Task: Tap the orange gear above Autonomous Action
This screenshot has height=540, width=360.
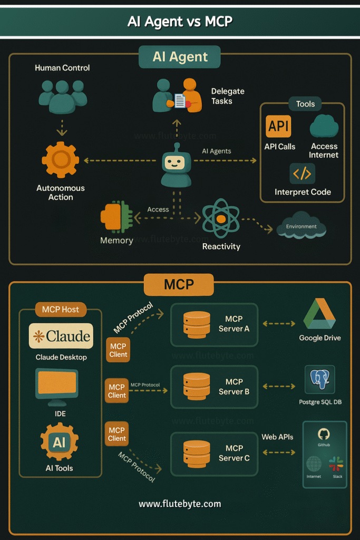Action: [60, 159]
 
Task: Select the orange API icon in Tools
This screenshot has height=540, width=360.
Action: [278, 127]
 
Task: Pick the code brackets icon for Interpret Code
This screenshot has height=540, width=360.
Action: [303, 173]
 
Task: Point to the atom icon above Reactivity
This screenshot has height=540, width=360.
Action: [221, 218]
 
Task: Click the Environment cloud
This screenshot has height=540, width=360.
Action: [301, 227]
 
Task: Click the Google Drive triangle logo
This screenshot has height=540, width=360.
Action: [319, 314]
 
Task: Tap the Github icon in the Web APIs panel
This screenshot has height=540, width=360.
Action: [324, 435]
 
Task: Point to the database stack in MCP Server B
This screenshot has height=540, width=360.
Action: [196, 387]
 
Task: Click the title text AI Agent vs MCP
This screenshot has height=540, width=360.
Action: [180, 22]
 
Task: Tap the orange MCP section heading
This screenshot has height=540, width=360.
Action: [179, 285]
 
